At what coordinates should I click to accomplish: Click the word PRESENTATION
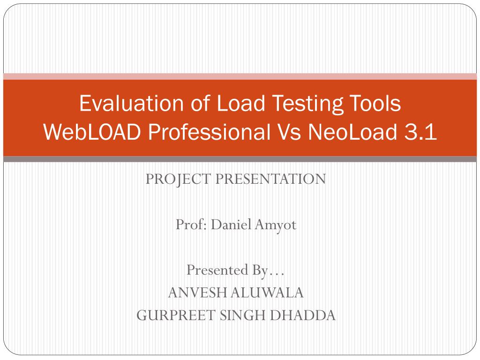click(x=270, y=179)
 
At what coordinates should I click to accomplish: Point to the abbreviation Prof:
click(x=191, y=225)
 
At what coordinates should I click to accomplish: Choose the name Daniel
click(x=231, y=225)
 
